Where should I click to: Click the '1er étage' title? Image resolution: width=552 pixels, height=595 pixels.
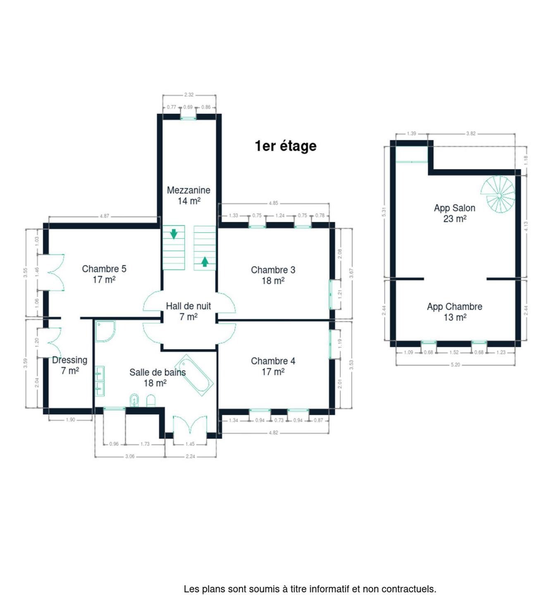click(x=286, y=146)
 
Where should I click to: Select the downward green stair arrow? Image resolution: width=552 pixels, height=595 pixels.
click(x=174, y=234)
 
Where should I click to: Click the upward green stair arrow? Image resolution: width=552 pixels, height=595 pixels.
click(x=205, y=262)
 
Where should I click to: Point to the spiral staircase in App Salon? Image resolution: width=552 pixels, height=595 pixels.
click(x=498, y=194)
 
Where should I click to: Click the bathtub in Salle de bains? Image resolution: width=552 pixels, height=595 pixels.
click(x=194, y=376)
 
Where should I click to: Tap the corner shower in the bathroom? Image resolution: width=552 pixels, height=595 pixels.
click(x=105, y=331)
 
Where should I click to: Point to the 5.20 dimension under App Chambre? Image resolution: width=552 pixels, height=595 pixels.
click(x=455, y=364)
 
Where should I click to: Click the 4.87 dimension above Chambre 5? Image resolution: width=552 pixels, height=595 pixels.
click(x=105, y=216)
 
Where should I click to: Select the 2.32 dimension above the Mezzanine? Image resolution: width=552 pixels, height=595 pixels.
click(x=189, y=95)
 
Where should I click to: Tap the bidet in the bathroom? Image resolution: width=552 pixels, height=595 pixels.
click(x=134, y=400)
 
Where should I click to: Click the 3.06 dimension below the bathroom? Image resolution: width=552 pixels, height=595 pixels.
click(x=130, y=456)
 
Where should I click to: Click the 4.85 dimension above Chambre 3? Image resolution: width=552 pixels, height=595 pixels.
click(x=273, y=203)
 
